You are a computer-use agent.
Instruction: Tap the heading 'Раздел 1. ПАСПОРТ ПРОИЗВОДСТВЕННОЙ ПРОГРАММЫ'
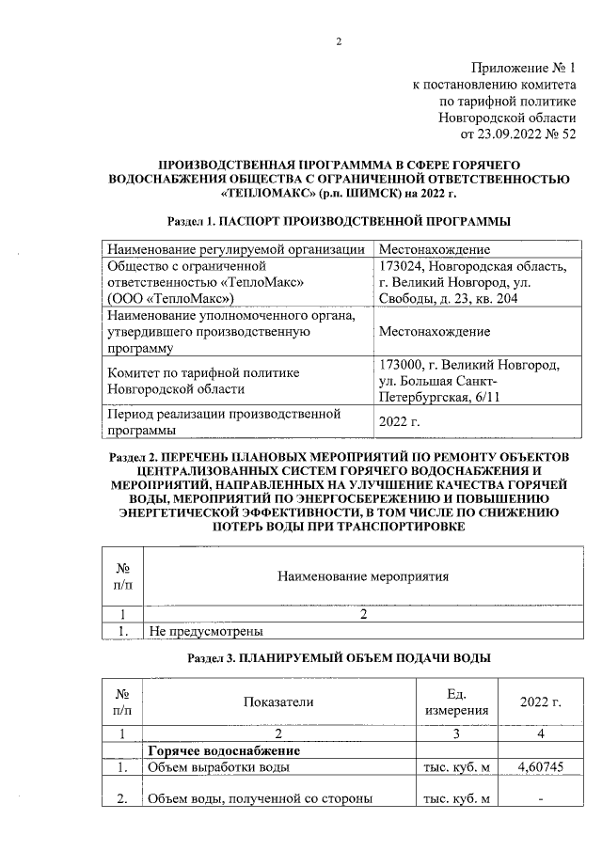click(x=338, y=222)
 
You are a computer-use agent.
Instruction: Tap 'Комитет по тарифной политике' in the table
click(x=207, y=372)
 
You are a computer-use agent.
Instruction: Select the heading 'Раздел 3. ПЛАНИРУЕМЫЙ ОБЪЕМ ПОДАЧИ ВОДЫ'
click(x=338, y=658)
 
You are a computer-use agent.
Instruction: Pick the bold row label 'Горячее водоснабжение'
click(x=224, y=751)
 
